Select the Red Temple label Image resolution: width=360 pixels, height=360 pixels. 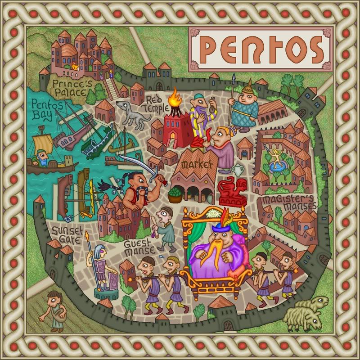pos(153,103)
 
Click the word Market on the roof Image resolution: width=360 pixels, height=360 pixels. pos(196,165)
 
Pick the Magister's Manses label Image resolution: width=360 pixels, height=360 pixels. pos(289,203)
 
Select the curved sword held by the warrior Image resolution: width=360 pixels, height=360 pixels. pos(135,163)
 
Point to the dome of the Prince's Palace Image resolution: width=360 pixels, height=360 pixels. pos(69,49)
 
